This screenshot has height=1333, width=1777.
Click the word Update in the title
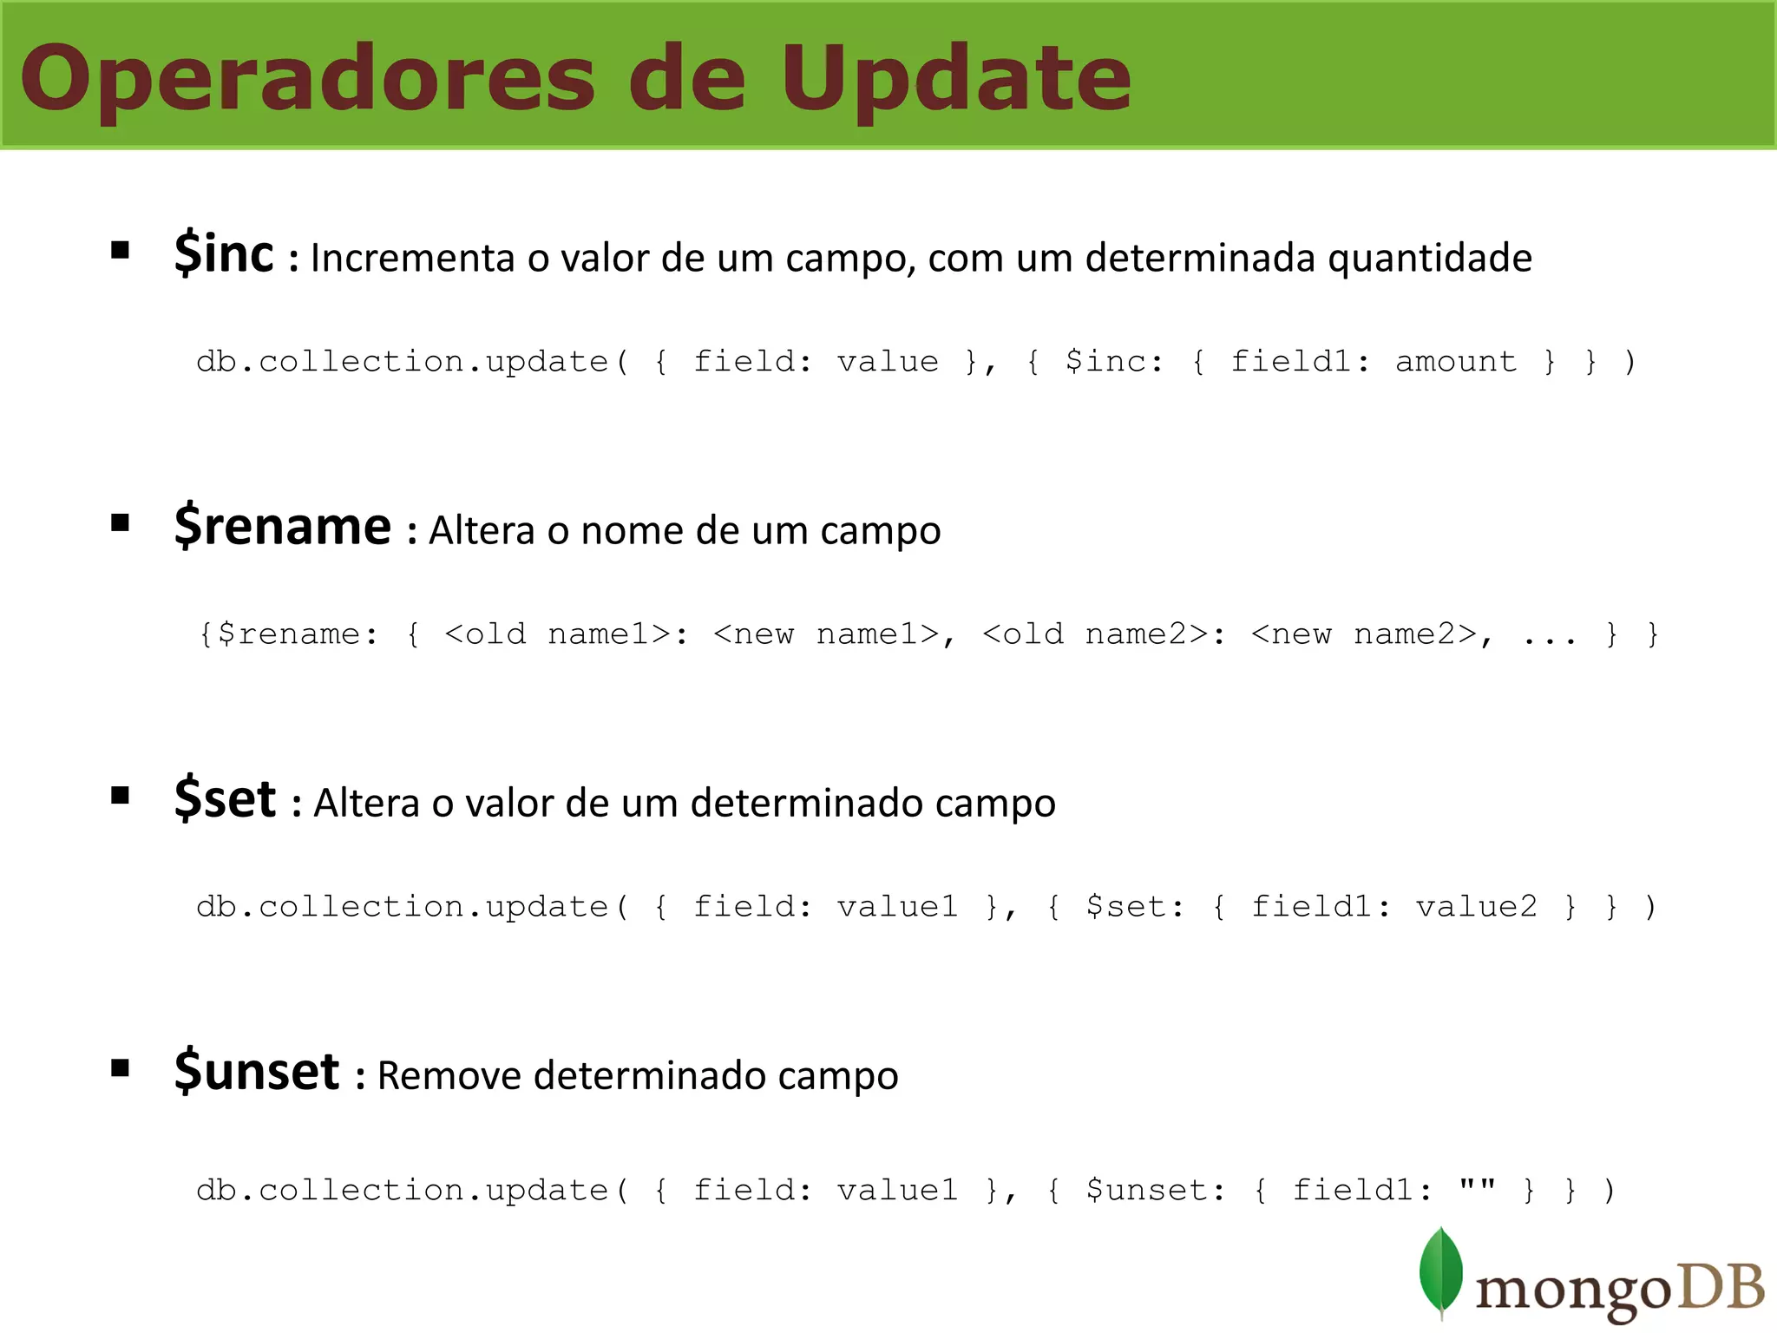click(x=956, y=80)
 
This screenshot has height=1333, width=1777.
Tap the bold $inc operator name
click(x=224, y=253)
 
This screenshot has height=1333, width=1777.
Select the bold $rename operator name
click(x=283, y=526)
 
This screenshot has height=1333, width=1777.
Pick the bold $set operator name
click(x=225, y=798)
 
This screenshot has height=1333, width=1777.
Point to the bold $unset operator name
click(x=257, y=1071)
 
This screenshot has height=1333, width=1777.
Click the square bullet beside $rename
click(x=121, y=522)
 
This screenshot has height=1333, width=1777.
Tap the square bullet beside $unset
click(x=121, y=1067)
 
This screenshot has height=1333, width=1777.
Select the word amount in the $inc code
click(x=1456, y=361)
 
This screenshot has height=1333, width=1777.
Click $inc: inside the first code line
click(x=1114, y=361)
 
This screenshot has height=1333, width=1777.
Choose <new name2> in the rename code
click(x=1364, y=634)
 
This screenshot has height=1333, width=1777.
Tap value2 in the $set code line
click(x=1476, y=907)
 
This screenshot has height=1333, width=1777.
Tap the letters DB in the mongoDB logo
click(x=1721, y=1287)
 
